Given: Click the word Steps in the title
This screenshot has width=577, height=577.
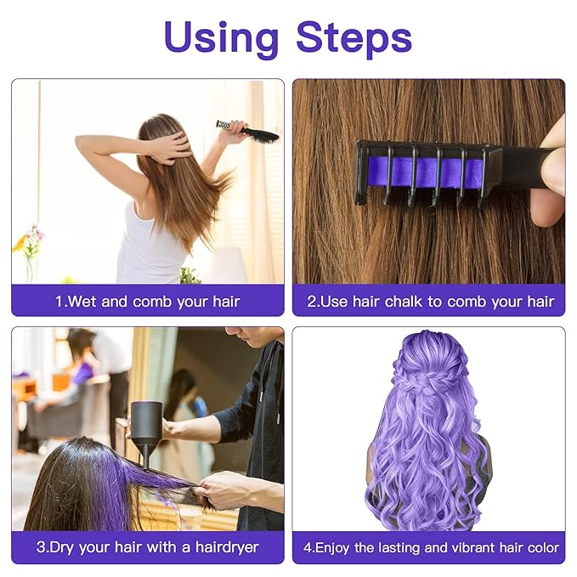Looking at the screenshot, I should (x=354, y=37).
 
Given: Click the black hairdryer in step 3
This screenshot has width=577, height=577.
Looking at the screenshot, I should (x=145, y=426).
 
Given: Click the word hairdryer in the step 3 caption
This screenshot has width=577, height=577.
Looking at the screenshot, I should (x=226, y=547).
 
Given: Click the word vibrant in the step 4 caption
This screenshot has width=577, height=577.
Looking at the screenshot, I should (x=466, y=547).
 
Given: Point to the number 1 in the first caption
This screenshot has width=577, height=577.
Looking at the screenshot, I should (x=59, y=301).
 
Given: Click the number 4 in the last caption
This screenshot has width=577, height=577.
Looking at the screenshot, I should (x=307, y=547).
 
